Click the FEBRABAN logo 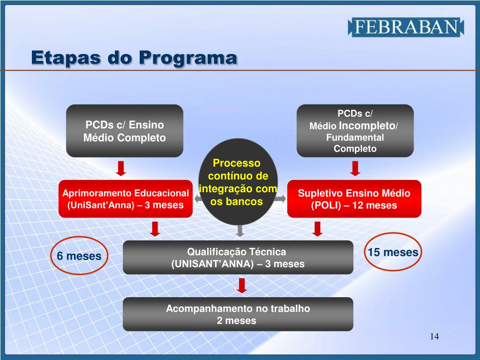pos(405,27)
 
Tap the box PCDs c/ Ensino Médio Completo pos(124,131)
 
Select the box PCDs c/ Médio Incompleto pos(355,131)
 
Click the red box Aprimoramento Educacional pos(126,199)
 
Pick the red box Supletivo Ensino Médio pos(354,199)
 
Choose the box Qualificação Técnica pos(238,257)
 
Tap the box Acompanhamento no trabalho pos(238,315)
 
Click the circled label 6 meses pos(79,256)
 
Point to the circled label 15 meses pos(393,253)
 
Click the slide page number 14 pos(434,337)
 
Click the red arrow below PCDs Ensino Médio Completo pos(121,168)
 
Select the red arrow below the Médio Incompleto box pos(355,168)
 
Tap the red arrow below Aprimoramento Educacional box pos(155,229)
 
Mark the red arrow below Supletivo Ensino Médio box pos(318,229)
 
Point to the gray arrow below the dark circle pos(240,230)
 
